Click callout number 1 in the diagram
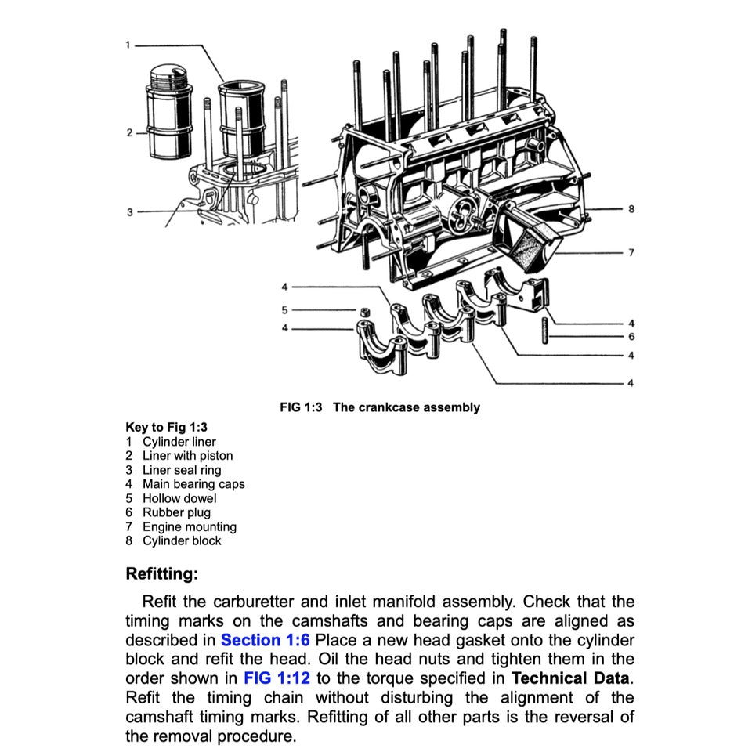coord(128,45)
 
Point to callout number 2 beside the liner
coord(129,132)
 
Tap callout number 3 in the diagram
coord(129,211)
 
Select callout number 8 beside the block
coord(631,210)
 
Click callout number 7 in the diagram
coord(631,253)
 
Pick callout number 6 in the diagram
coord(631,337)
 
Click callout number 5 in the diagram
coord(285,310)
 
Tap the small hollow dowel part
coord(365,313)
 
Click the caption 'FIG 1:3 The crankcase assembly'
coord(380,407)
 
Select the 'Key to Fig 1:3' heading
coord(166,428)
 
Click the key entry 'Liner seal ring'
coord(182,470)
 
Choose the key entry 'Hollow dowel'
coord(179,498)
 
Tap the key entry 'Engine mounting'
coord(189,527)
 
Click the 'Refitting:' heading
coord(162,574)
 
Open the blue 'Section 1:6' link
coord(265,640)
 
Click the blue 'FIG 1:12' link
coord(277,678)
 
